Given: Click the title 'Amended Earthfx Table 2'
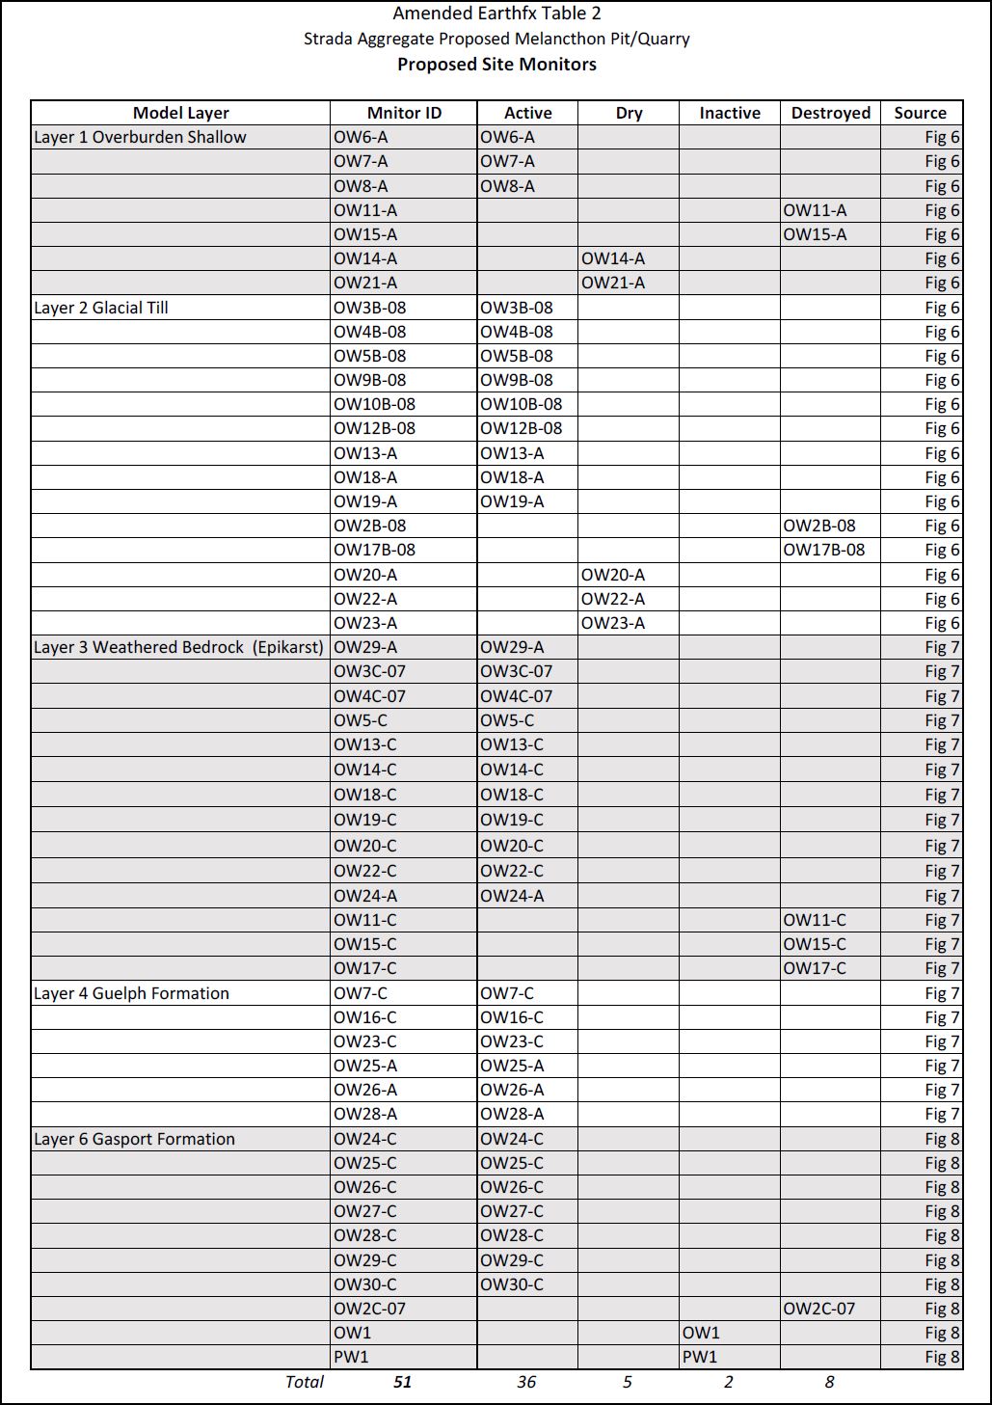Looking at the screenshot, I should coord(496,14).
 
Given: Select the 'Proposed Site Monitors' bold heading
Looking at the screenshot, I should coord(496,65).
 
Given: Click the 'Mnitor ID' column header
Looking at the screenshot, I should coord(404,113).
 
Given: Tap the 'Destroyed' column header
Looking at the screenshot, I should coord(830,113).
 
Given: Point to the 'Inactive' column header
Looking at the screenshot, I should coord(730,113).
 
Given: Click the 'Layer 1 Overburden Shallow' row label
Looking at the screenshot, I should coord(140,137).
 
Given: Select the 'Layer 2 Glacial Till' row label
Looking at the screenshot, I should coord(101,308).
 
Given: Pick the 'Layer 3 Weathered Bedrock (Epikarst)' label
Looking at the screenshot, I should coord(178,647).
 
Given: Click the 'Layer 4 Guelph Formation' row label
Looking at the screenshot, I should coord(131,993).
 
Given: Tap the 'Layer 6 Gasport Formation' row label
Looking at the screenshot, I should coord(134,1139).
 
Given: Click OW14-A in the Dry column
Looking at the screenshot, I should coord(613,258).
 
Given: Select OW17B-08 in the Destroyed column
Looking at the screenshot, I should coord(824,550).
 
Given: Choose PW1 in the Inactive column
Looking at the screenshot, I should coord(700,1357).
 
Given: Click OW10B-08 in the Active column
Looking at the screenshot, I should coord(522,404).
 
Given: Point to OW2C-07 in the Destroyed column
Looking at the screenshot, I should coord(819,1309).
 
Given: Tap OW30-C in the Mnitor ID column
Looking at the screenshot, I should coord(365,1284).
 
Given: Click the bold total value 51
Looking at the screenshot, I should coord(403,1382).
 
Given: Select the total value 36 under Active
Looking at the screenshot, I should coord(526,1382).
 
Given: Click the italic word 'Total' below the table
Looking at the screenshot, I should coord(305,1382).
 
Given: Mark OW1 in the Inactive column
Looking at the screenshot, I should coord(701,1333).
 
